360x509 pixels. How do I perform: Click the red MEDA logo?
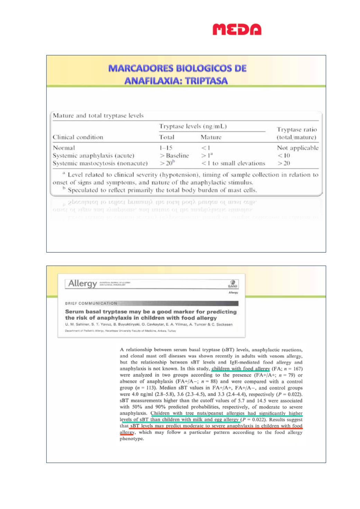pos(237,29)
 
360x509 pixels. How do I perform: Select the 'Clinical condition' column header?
pos(78,137)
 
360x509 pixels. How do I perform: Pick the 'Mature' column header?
pos(211,137)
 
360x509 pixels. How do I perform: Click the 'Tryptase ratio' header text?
pos(297,129)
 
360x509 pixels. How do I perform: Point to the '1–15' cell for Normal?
pos(165,148)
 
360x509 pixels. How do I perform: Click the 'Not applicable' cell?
pos(297,148)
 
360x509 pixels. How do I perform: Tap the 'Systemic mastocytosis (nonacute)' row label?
pos(100,163)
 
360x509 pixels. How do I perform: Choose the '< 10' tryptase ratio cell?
pos(283,155)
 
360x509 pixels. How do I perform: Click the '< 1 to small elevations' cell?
pos(233,163)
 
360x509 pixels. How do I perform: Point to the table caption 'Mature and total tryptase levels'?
pos(98,116)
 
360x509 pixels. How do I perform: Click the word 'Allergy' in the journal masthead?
pos(82,284)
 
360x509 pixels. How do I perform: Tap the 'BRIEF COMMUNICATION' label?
pos(91,303)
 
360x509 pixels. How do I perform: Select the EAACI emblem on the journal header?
pos(233,283)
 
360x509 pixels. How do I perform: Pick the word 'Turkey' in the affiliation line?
pos(172,331)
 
